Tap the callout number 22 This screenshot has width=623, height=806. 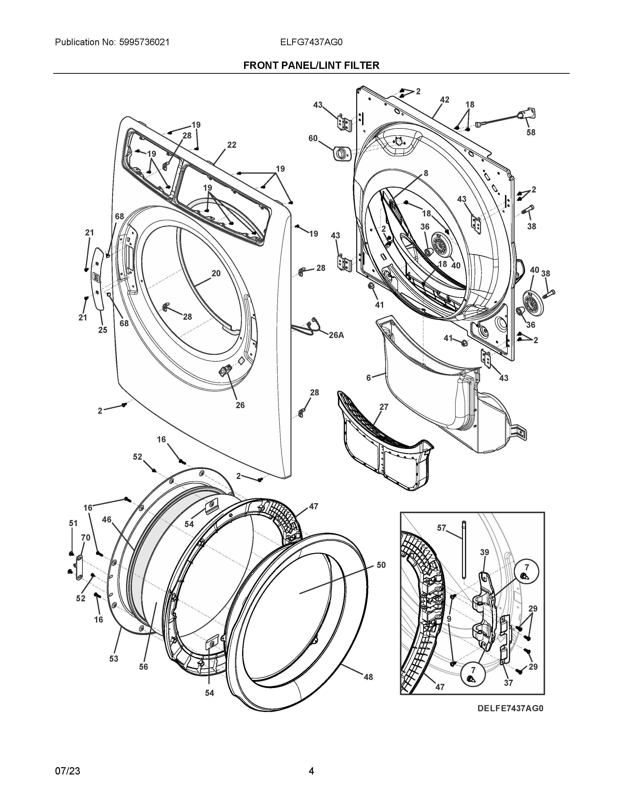pos(231,145)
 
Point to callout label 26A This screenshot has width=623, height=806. pos(336,335)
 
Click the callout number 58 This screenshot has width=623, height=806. pos(531,132)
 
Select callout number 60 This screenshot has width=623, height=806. pos(313,138)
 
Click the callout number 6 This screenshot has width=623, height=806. pos(368,378)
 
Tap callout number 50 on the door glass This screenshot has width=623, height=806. pos(381,565)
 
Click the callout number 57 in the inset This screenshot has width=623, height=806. pos(442,528)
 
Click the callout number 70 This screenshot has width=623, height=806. pos(86,538)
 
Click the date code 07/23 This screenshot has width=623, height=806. pos(67,771)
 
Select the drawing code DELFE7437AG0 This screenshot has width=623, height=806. pos(510,708)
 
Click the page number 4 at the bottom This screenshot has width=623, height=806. pos(311,771)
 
